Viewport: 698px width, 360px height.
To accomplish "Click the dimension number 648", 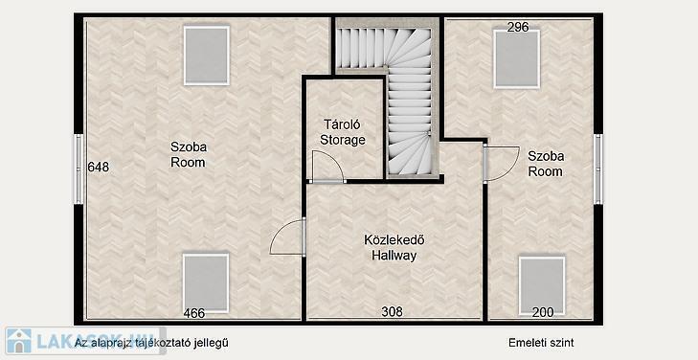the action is (x=99, y=167).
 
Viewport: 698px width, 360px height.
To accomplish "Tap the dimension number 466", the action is (x=194, y=313).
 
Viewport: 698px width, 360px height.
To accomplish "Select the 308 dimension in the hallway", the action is (x=392, y=311).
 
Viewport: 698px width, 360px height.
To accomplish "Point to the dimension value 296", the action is (x=518, y=27).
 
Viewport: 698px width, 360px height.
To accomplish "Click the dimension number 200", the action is (x=543, y=312).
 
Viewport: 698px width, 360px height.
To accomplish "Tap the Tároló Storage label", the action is (x=343, y=132).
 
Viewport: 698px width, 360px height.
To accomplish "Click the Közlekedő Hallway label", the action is (x=394, y=248).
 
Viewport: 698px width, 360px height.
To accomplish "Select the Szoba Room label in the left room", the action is (x=189, y=154).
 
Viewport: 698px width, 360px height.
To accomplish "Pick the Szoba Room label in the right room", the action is (x=546, y=164).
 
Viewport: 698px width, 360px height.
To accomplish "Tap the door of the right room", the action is (x=502, y=164).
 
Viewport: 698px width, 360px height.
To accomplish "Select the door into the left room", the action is (x=287, y=237).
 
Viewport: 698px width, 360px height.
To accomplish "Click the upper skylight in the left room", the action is (x=207, y=56).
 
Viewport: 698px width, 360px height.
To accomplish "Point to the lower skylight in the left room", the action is (x=206, y=283).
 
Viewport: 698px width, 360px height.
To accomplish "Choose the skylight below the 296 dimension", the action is (x=516, y=59).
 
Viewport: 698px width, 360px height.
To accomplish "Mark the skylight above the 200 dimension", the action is (x=542, y=285).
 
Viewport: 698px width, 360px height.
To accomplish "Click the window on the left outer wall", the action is (x=79, y=169).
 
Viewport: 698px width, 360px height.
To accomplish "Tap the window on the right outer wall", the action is (x=598, y=169).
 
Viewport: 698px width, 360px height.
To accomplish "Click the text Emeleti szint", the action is (x=541, y=343).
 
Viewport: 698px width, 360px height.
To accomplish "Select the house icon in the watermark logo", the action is (x=19, y=341).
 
